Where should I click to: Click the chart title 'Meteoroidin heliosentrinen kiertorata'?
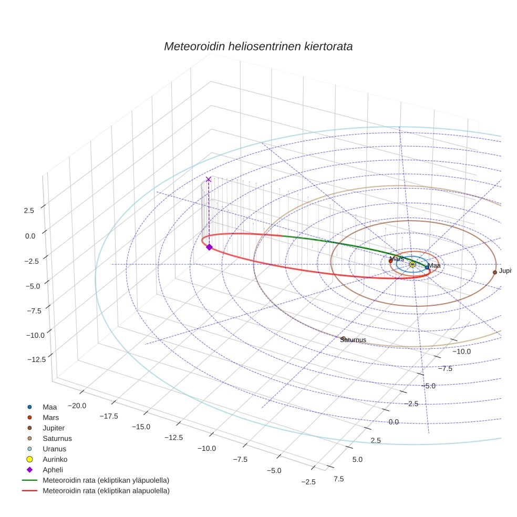(258, 46)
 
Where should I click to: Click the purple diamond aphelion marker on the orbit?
(209, 247)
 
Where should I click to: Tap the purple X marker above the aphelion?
(209, 179)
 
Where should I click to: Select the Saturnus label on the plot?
(353, 340)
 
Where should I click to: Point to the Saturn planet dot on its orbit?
(344, 338)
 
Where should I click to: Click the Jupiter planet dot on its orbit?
(495, 272)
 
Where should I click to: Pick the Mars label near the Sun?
(397, 258)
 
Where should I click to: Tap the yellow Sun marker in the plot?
(412, 264)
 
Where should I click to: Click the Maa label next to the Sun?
(434, 266)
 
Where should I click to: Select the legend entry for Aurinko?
(55, 459)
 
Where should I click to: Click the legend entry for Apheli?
(54, 470)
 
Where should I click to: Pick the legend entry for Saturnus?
(57, 438)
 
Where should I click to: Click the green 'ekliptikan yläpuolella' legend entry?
(106, 480)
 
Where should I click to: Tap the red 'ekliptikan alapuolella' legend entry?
(106, 491)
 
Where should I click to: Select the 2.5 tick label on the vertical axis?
(29, 210)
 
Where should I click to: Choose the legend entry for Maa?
(50, 407)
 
